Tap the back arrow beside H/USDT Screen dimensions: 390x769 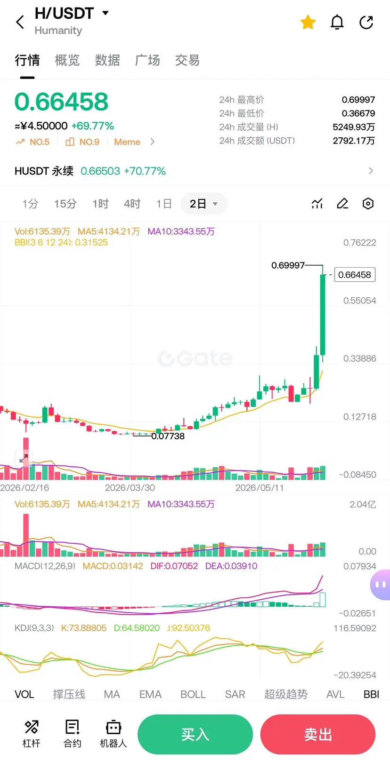coord(20,22)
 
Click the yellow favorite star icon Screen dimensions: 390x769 coord(308,22)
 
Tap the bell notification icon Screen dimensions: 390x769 coord(337,22)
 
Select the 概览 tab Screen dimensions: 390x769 coord(67,60)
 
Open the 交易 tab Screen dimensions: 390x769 coord(187,60)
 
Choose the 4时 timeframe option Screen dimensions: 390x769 coord(132,204)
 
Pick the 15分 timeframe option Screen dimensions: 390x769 coord(65,204)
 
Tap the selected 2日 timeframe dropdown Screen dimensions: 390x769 coord(204,204)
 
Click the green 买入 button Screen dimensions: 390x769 coord(195,734)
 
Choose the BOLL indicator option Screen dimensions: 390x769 coord(193,694)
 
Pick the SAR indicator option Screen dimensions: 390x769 coord(235,694)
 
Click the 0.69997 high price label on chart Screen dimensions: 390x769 coord(288,265)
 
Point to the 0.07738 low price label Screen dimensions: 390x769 coord(168,436)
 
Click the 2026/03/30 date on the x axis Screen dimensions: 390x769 coord(130,487)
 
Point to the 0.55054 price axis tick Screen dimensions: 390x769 coord(359,301)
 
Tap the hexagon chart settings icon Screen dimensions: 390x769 coord(368,204)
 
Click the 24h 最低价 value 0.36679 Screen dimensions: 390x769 coord(358,113)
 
